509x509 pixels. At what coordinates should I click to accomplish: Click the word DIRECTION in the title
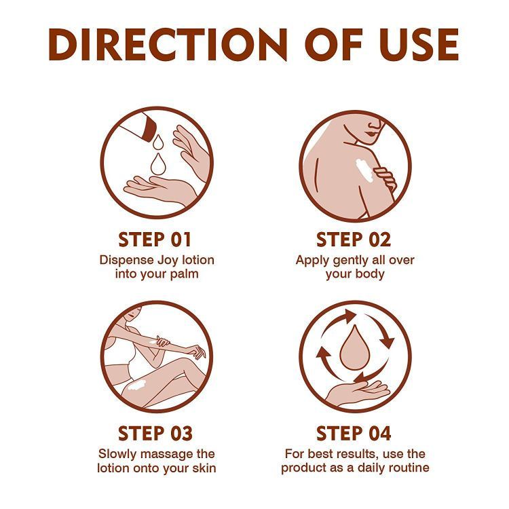tap(168, 45)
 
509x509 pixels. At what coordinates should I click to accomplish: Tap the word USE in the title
tap(419, 45)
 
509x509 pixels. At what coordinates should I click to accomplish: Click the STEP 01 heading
tap(155, 240)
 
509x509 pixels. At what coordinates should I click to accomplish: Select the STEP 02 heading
tap(354, 240)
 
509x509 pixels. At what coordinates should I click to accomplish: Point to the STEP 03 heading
tap(155, 434)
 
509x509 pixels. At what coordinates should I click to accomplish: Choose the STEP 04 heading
tap(354, 434)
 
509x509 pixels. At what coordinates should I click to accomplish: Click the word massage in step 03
tap(165, 454)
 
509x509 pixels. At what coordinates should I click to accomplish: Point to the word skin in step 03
tap(204, 468)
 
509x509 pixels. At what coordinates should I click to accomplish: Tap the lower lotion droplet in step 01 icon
tap(158, 164)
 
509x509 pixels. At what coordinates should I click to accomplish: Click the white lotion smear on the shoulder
tap(364, 169)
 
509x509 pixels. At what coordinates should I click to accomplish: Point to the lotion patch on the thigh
tap(137, 385)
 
